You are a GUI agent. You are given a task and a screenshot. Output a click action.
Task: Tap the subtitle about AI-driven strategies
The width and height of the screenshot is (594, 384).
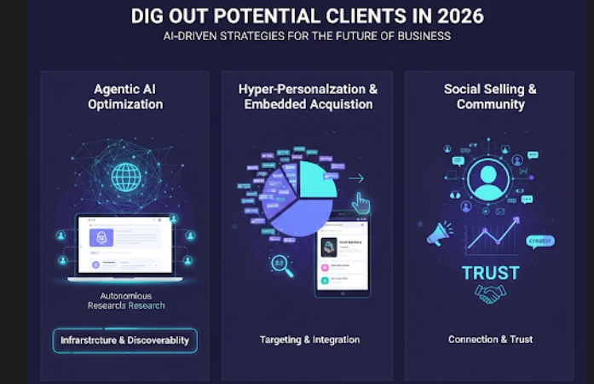coord(307,37)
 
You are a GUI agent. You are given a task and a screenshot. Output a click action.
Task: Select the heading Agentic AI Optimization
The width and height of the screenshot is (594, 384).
coord(124,96)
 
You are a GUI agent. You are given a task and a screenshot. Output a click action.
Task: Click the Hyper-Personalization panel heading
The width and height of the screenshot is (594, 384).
coord(308,96)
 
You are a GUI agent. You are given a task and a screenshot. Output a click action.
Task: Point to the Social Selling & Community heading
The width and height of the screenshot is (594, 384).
coord(490,96)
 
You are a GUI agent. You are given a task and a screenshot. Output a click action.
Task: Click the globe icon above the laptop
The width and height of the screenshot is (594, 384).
coord(126,177)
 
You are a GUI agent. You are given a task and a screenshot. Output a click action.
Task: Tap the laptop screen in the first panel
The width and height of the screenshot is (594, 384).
coord(124,244)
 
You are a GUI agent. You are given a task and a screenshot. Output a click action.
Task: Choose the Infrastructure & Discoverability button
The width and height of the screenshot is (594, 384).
coord(125,340)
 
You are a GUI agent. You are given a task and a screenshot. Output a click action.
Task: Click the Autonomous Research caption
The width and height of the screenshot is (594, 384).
coord(125,300)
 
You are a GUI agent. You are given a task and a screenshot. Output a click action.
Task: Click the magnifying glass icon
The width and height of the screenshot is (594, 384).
coord(280,265)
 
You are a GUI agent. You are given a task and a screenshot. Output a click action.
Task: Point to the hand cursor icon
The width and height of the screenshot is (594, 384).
coord(361,203)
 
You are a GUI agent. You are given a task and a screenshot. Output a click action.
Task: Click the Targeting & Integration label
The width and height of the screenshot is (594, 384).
coord(309,340)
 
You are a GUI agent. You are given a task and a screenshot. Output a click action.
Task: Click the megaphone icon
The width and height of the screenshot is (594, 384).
coord(440,233)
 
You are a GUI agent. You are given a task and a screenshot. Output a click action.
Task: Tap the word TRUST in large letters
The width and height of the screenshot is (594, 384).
coord(490,273)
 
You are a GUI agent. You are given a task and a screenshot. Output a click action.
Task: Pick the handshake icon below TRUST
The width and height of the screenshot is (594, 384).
coord(489,294)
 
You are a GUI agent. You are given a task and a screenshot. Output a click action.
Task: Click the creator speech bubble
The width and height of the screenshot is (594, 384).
coord(540,241)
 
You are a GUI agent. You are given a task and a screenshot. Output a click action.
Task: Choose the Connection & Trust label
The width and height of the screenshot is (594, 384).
coord(490,340)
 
